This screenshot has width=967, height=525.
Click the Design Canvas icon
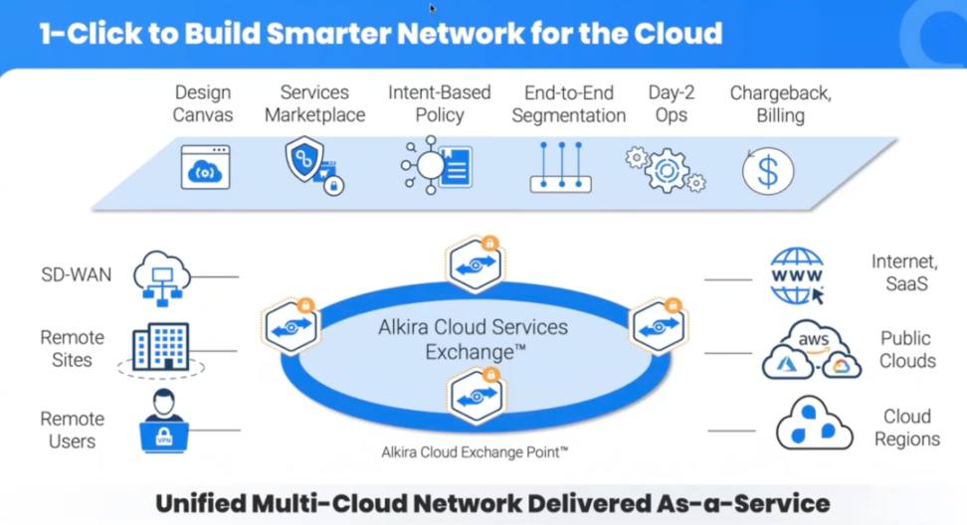coord(205,167)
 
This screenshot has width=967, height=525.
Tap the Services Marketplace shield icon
coord(312,164)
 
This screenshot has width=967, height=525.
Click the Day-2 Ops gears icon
coord(666,168)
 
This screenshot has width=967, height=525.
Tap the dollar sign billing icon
coord(767,170)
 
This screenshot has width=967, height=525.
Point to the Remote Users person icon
coord(163,420)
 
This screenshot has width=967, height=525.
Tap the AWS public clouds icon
coord(812,350)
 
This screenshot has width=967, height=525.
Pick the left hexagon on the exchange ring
coord(290,325)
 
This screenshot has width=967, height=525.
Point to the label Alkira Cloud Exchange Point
coord(475,452)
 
